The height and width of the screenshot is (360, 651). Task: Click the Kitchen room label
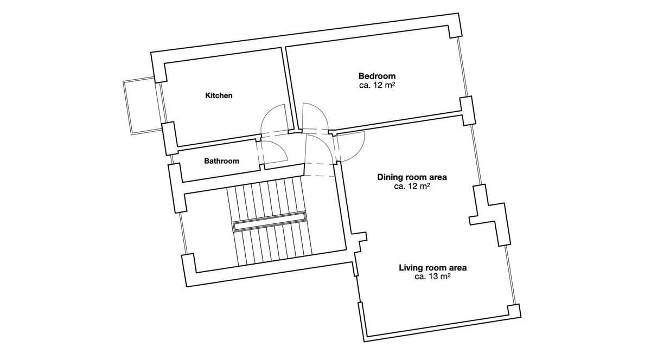click(219, 95)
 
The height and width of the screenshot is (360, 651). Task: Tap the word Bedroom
click(376, 76)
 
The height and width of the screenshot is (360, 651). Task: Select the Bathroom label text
click(221, 161)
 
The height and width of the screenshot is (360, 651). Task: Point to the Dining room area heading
click(412, 177)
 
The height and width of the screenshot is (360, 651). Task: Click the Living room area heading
click(432, 267)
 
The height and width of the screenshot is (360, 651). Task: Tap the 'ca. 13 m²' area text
click(432, 277)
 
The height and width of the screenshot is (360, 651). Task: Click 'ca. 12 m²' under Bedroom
click(376, 86)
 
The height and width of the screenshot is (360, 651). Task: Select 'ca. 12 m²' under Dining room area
click(412, 186)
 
